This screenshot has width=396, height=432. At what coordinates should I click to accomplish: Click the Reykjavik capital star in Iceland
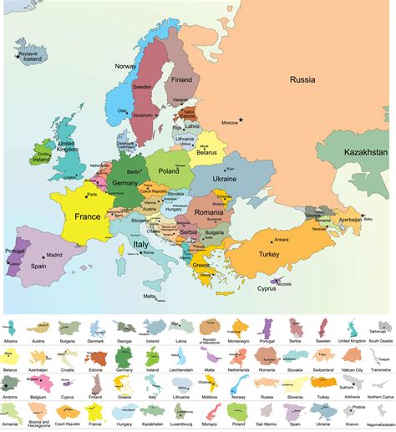click(x=16, y=55)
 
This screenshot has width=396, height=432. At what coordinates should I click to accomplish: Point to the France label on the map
click(x=87, y=216)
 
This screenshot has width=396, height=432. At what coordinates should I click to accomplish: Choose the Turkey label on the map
click(x=269, y=254)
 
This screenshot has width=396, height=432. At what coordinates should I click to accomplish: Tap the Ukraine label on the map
click(x=225, y=179)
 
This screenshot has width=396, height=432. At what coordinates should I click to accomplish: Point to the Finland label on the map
click(x=181, y=79)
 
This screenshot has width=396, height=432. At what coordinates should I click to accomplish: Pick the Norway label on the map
click(x=125, y=67)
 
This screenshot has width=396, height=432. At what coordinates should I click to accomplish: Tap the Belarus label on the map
click(x=206, y=153)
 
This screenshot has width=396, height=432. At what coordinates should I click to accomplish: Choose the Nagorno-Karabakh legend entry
click(x=380, y=426)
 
